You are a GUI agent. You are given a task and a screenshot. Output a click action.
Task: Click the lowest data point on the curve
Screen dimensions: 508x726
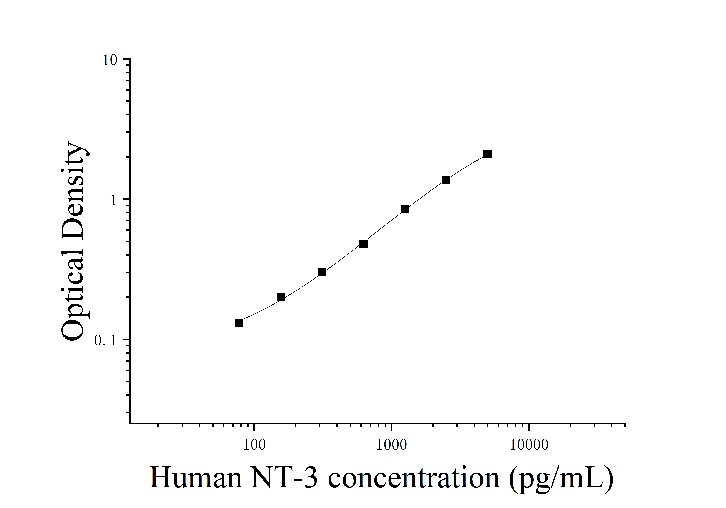239,323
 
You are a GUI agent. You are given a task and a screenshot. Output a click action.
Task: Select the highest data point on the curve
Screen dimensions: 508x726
487,154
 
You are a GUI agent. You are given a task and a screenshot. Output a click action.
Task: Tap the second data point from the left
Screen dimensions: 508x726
280,297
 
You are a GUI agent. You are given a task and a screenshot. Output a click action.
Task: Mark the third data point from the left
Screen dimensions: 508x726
322,272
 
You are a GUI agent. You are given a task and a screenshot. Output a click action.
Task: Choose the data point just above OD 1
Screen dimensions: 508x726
446,180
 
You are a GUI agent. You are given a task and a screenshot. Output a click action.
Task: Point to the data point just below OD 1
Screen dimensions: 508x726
405,209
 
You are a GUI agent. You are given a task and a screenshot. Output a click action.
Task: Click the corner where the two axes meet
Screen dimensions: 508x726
130,423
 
